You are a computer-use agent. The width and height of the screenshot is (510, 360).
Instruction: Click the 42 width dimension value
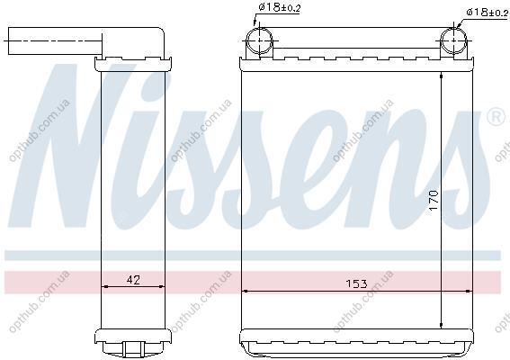point(133,280)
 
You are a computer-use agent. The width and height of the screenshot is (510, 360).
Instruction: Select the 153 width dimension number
point(356,283)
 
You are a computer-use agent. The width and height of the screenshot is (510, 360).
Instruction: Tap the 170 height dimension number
point(434,201)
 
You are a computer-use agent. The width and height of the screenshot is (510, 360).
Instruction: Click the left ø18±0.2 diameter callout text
point(279,7)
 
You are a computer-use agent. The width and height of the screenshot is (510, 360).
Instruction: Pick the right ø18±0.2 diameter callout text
point(487,13)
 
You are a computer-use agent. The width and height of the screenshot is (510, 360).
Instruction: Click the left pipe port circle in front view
point(259,40)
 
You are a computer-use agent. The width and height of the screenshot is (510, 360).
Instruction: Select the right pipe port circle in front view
point(453,40)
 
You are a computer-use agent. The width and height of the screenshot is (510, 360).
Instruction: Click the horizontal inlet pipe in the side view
point(55,41)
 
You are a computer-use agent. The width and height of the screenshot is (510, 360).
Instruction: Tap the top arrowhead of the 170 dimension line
point(441,76)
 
